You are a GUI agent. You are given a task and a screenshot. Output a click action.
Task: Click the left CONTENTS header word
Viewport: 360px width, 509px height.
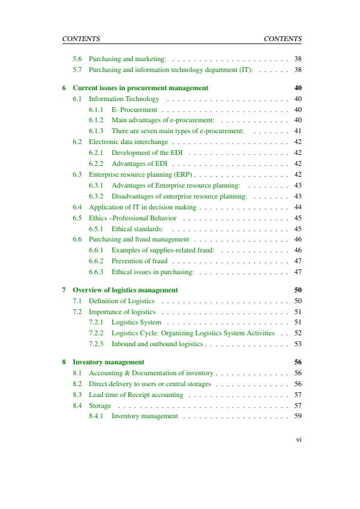click(x=81, y=39)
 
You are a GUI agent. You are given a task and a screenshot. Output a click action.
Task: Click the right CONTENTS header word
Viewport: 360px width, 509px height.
click(x=283, y=39)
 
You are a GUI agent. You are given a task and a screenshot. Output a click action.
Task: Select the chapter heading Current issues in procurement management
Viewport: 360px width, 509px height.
click(x=140, y=88)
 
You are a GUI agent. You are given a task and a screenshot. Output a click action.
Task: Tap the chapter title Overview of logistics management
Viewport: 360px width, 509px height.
click(x=125, y=289)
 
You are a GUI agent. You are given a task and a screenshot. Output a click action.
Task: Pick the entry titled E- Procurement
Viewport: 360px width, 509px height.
click(x=134, y=110)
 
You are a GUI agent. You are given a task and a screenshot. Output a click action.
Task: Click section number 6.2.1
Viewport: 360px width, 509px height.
click(x=97, y=153)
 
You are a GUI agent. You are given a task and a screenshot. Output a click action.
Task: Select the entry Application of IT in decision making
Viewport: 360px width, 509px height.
click(x=142, y=207)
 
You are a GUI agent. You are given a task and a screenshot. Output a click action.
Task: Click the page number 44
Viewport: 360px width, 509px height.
click(x=298, y=207)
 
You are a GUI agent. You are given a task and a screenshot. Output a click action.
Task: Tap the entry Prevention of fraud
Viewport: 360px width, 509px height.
click(x=139, y=261)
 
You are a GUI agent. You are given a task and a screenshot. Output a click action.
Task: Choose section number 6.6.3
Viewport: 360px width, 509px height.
click(x=97, y=272)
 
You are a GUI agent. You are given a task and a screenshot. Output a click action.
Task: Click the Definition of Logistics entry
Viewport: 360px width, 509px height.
click(x=122, y=301)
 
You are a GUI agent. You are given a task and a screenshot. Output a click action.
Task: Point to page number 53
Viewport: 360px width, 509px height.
click(x=298, y=344)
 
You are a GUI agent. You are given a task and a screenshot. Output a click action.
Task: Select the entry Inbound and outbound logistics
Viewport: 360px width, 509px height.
click(x=157, y=344)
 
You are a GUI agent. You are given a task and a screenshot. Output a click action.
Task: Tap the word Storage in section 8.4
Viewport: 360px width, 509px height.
click(x=100, y=406)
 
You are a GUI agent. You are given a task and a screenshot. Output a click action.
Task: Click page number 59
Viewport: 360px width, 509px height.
click(x=298, y=416)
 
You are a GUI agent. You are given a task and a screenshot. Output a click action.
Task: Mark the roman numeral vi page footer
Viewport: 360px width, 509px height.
click(x=298, y=439)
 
